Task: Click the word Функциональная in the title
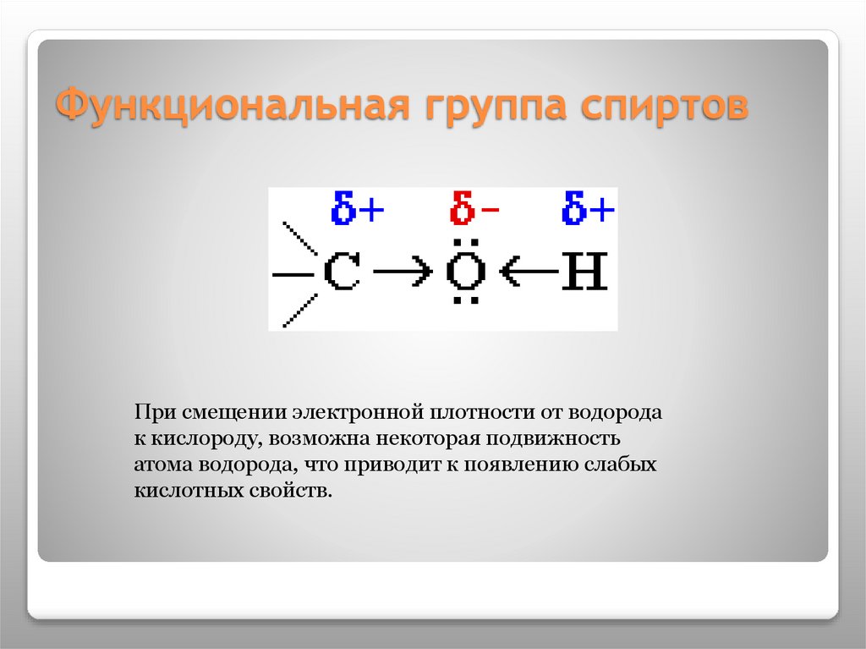[x=229, y=107]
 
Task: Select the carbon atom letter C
[x=343, y=272]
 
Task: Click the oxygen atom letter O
[x=466, y=272]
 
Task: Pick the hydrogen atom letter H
[x=585, y=272]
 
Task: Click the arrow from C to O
[x=403, y=272]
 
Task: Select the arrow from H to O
[x=528, y=272]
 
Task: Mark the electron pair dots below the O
[x=466, y=300]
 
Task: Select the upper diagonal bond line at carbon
[x=299, y=239]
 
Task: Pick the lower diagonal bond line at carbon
[x=299, y=309]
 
